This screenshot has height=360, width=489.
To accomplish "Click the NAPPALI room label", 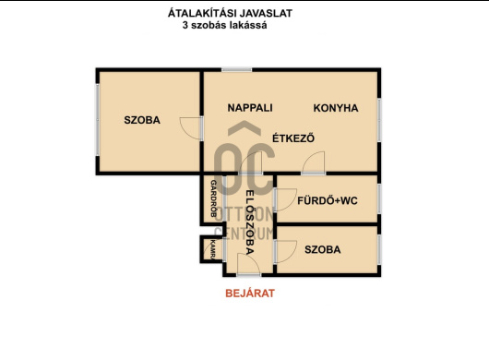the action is (250, 108).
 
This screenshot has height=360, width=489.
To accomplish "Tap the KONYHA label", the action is (336, 108).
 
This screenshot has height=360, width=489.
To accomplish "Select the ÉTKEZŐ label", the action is (293, 138).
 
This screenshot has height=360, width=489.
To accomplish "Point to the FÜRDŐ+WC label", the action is (328, 200).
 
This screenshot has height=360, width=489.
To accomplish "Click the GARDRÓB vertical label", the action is (214, 198).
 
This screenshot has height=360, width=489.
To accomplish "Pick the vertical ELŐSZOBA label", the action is (250, 222).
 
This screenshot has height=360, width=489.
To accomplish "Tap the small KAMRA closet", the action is (212, 249).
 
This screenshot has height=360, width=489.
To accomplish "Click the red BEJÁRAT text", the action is (250, 294).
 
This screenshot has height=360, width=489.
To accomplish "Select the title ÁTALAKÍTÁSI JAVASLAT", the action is (230, 13).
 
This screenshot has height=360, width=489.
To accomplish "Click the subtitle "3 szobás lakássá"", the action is (224, 25).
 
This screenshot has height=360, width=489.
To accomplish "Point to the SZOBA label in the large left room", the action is (142, 120).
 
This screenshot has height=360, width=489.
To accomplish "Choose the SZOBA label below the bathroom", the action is (323, 249).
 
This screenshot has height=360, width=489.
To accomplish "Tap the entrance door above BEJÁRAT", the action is (248, 264).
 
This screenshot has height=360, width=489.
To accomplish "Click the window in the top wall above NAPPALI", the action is (237, 70).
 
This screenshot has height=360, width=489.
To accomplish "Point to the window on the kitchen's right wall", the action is (379, 120).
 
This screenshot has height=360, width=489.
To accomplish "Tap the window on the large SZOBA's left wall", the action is (98, 120).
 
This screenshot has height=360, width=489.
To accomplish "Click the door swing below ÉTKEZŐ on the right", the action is (314, 162).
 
